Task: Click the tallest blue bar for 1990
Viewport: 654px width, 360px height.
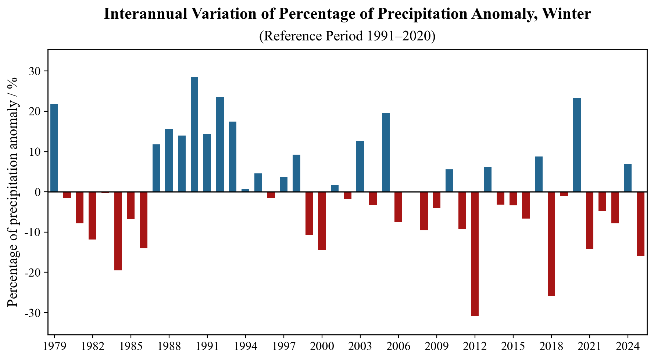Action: pos(194,134)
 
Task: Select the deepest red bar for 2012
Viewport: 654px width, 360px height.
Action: pos(475,253)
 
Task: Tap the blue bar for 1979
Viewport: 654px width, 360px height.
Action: pos(54,148)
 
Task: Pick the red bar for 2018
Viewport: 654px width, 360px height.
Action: pos(551,244)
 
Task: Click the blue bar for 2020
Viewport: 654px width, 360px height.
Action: pos(577,145)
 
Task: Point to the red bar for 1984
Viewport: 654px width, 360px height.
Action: pos(118,231)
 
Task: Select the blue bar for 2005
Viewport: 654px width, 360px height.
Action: pos(386,152)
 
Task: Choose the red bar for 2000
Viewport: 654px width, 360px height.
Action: pos(322,220)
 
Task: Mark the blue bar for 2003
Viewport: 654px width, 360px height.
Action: pos(360,166)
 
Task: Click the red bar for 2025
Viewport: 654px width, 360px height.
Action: pos(640,224)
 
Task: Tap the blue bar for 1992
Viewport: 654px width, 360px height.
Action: pos(220,144)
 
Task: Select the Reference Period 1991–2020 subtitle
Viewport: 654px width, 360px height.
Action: pos(347,36)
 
